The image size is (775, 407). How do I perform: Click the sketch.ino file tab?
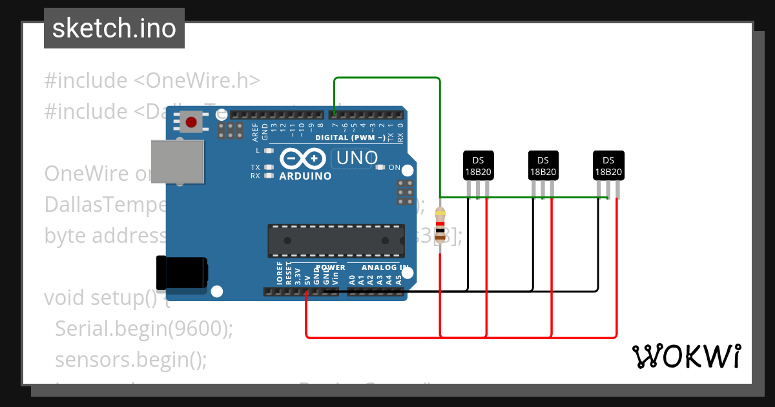point(114,28)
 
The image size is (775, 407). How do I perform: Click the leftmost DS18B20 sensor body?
point(479,165)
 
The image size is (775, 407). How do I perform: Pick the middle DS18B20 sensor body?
point(543,165)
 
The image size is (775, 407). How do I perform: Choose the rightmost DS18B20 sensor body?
point(608,165)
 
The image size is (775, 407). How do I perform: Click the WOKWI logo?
point(686,356)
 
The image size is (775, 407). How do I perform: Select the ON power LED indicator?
point(380,168)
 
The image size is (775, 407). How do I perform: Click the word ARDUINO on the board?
point(305,176)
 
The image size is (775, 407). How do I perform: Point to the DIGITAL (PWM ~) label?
point(349,138)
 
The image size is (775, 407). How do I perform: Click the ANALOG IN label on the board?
point(385,267)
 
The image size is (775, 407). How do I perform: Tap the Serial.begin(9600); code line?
point(143,329)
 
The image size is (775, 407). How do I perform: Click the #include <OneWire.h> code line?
point(152,81)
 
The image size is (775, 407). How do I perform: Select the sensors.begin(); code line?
point(131,359)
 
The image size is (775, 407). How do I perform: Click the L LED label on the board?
point(258,151)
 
